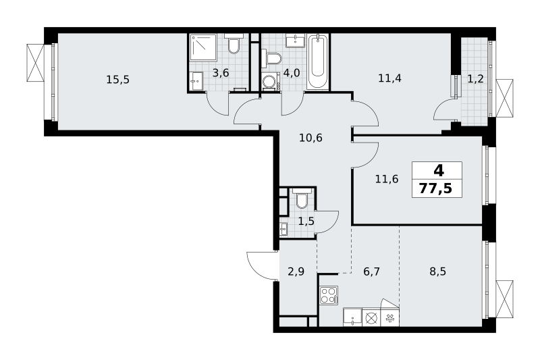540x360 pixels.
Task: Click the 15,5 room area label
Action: [117, 80]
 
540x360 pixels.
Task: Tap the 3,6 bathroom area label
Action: [221, 73]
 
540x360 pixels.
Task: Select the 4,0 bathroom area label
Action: [292, 73]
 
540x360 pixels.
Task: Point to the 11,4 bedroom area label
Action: [389, 78]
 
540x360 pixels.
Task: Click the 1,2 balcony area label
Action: [475, 79]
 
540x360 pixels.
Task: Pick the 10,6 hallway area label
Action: [310, 138]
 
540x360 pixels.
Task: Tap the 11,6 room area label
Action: [387, 179]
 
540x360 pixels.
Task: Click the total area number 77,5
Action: [435, 189]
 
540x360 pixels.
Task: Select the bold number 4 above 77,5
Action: [439, 170]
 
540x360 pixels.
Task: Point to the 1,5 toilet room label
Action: [306, 221]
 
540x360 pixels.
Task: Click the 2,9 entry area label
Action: [296, 272]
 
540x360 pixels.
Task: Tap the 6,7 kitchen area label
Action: [372, 272]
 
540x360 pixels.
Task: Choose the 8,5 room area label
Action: [437, 272]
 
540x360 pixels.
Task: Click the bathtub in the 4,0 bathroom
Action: [317, 61]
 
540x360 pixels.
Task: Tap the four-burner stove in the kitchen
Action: [329, 295]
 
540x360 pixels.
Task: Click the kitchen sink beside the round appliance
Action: [352, 317]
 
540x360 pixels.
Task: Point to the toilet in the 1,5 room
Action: [302, 199]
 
